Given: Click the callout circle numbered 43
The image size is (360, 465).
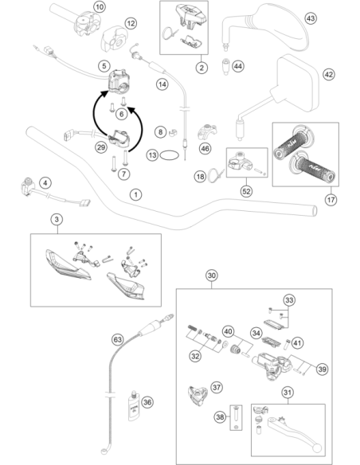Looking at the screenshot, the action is pyautogui.click(x=310, y=18).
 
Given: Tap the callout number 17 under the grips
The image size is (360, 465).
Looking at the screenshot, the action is pyautogui.click(x=331, y=200).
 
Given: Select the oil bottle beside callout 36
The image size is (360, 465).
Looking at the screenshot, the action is pyautogui.click(x=134, y=406).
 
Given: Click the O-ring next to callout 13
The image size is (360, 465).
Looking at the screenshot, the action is pyautogui.click(x=170, y=154).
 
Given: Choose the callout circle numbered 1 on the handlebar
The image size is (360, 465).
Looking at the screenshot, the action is pyautogui.click(x=136, y=195).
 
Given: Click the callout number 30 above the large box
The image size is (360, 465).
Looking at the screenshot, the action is pyautogui.click(x=211, y=275).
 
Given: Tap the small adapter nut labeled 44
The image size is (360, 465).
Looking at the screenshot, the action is pyautogui.click(x=226, y=67).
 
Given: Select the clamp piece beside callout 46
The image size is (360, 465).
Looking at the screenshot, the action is pyautogui.click(x=207, y=132).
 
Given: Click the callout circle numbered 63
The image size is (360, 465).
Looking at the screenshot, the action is pyautogui.click(x=118, y=339).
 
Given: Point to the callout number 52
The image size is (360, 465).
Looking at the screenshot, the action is pyautogui.click(x=246, y=192).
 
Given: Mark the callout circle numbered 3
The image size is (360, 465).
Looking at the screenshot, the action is pyautogui.click(x=57, y=220).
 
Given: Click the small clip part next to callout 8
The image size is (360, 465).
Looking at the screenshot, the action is pyautogui.click(x=173, y=132).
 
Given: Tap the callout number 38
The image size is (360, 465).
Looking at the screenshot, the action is pyautogui.click(x=220, y=417).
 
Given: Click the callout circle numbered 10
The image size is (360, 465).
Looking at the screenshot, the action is pyautogui.click(x=100, y=6).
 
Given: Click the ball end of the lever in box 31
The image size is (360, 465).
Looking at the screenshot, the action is pyautogui.click(x=316, y=447).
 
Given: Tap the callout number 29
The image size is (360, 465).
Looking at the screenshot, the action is pyautogui.click(x=101, y=147).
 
